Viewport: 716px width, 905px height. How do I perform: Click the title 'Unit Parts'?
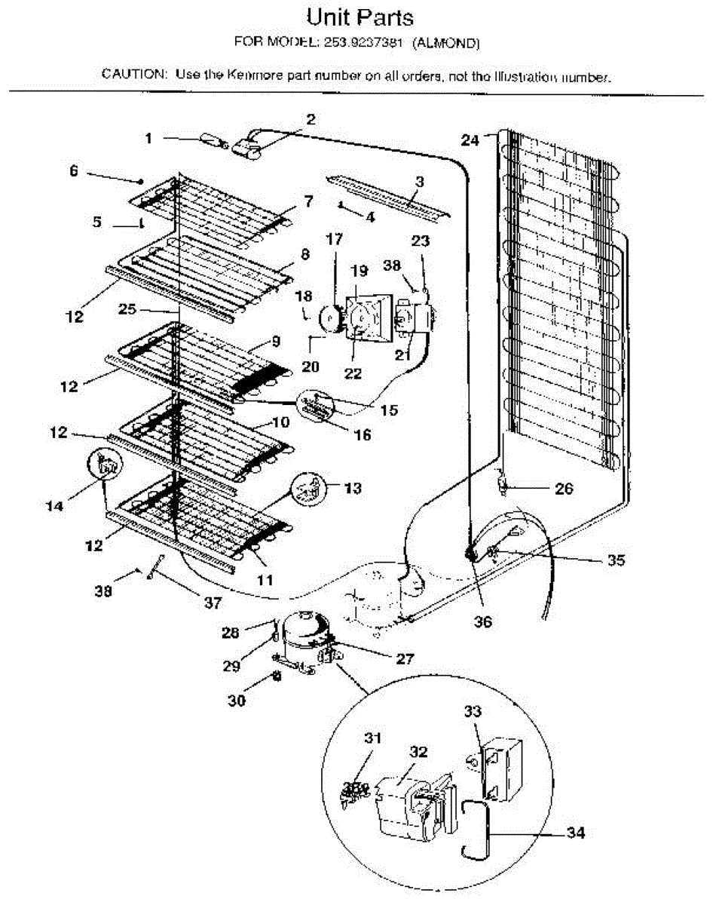[360, 17]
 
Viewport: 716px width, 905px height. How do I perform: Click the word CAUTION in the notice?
[134, 75]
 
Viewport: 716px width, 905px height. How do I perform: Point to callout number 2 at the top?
[311, 118]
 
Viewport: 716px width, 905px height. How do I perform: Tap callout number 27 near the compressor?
[405, 658]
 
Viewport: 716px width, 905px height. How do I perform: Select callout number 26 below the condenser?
[564, 489]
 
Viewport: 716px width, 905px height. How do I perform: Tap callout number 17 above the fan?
[334, 240]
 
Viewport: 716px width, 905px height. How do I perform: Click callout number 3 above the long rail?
[419, 181]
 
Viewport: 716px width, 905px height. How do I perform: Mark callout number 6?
[73, 171]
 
